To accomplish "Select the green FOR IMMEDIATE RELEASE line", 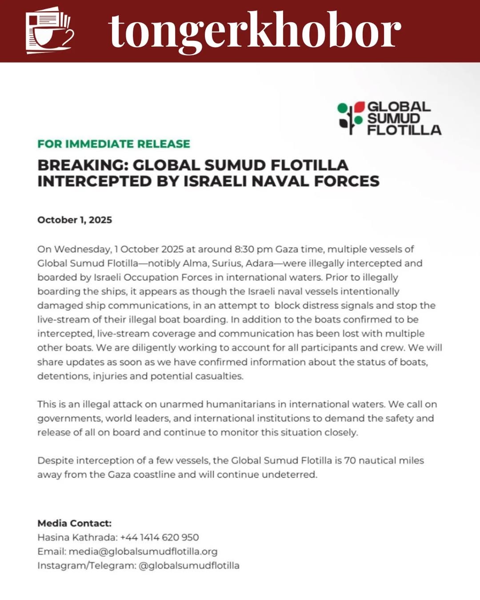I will pos(114,144).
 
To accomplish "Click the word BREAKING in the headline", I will pos(82,165).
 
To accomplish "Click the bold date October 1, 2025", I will pos(75,220).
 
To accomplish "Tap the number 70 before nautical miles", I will pos(350,460).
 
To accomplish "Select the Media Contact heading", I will pos(75,523).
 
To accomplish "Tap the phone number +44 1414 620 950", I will pos(160,537).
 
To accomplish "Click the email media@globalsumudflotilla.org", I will pos(143,552).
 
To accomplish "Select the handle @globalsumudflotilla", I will pos(189,566).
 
